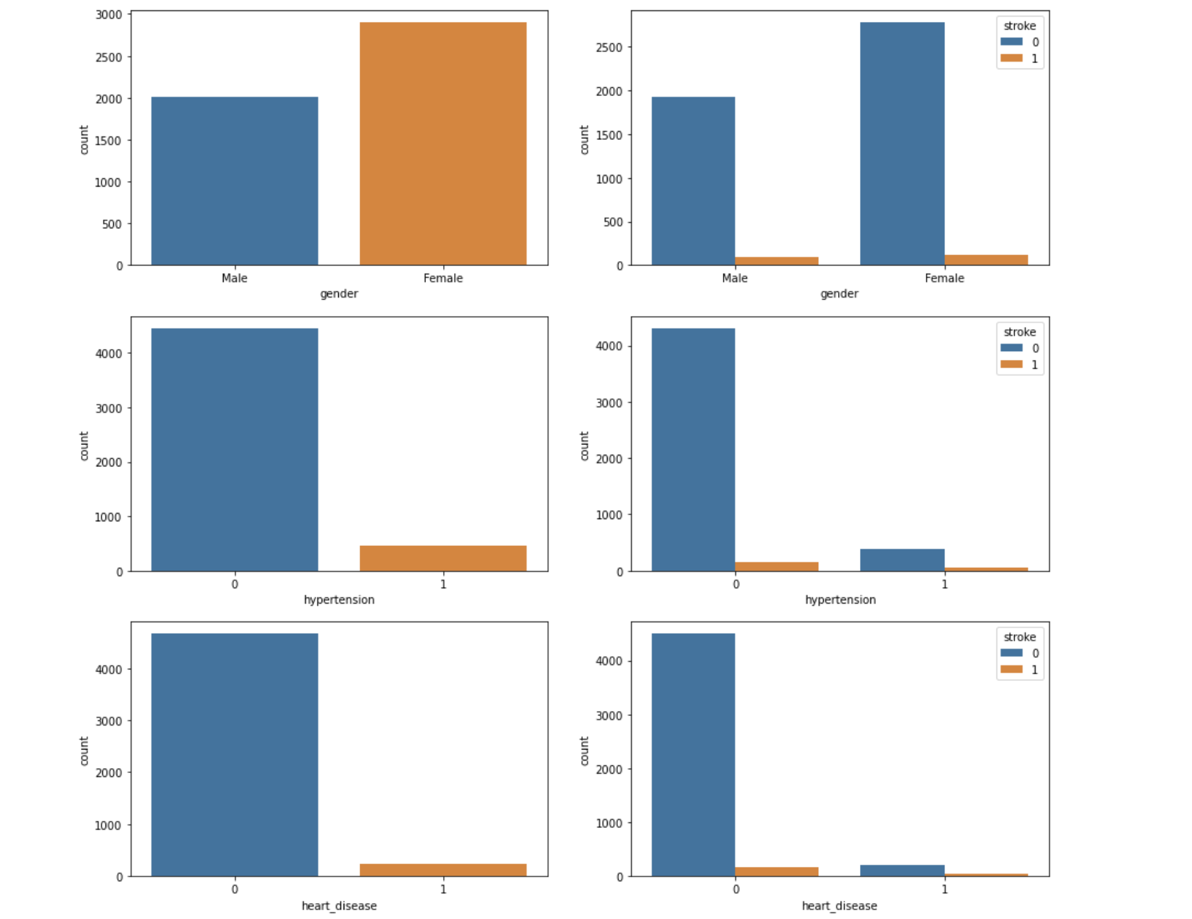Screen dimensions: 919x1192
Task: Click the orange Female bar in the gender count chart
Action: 443,144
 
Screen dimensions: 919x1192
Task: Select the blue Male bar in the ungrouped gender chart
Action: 235,181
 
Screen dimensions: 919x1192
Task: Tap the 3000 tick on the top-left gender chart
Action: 109,14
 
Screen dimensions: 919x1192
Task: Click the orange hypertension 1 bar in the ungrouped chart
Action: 443,558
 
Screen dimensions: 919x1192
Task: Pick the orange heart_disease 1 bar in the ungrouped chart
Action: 443,870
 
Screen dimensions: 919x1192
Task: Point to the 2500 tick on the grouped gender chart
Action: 610,47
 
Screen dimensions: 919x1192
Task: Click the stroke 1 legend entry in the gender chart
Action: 1020,59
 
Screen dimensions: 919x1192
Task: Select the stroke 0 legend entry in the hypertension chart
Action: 1020,348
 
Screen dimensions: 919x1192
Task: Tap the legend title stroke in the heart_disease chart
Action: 1020,637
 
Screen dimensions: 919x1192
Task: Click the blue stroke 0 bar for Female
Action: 902,144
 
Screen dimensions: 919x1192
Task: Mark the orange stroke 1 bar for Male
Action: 776,261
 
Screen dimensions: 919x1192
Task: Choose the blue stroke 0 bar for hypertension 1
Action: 902,560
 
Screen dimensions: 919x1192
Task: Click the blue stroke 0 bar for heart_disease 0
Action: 693,754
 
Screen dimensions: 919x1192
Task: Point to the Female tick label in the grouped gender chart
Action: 944,278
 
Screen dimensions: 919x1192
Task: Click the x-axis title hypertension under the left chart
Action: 339,599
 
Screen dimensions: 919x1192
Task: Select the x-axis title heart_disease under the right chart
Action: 839,905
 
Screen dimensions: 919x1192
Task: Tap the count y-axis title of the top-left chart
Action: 84,140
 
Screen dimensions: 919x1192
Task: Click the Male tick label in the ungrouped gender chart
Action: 235,278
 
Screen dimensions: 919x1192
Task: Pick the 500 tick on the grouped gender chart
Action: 613,222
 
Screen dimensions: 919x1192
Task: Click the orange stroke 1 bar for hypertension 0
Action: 776,566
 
